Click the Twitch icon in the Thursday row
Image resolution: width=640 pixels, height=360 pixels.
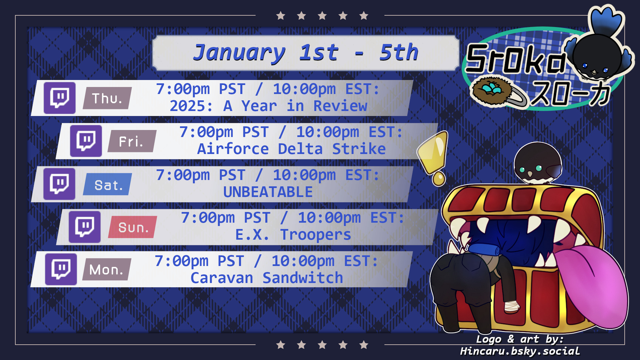click(60, 98)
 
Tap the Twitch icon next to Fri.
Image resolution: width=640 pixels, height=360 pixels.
click(86, 141)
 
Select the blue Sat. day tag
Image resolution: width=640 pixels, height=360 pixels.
click(108, 184)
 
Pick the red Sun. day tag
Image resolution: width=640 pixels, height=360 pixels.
click(133, 227)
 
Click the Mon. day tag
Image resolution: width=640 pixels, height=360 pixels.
click(107, 269)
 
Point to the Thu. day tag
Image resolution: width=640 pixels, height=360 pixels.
click(107, 98)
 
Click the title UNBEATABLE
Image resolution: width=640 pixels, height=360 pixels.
click(268, 192)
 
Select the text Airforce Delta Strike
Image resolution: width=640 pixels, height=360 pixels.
click(292, 149)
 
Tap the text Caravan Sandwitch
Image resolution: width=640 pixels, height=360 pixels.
click(267, 278)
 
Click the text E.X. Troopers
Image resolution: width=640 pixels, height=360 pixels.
click(293, 235)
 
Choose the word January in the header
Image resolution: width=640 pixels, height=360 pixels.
click(239, 53)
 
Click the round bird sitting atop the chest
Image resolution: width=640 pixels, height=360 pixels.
click(538, 163)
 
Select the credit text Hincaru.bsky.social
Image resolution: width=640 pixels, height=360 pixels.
click(520, 351)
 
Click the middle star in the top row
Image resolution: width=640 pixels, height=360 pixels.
click(322, 16)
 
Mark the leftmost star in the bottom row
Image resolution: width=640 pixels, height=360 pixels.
click(281, 345)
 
